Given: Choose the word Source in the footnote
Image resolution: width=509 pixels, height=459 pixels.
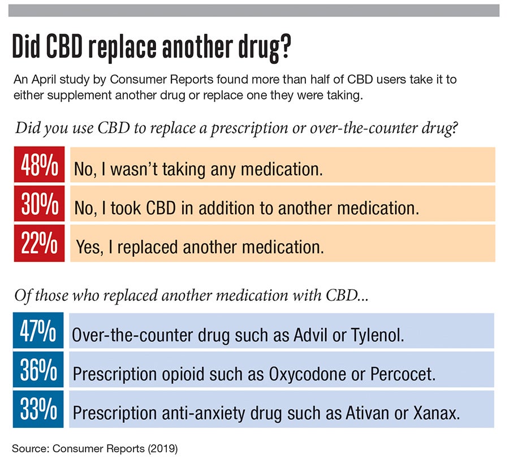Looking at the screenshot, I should coord(29,449).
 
